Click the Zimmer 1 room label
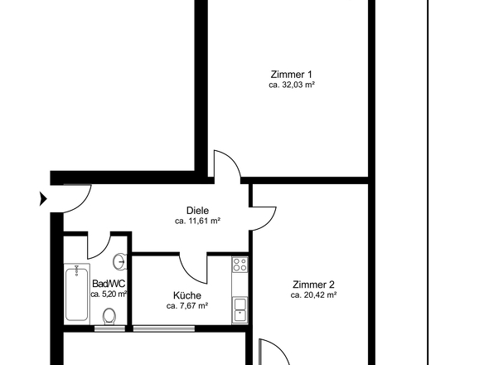(x=291, y=75)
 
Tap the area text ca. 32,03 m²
(x=291, y=85)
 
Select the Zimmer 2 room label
(x=313, y=285)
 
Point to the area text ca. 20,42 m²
(x=313, y=295)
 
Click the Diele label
(x=197, y=211)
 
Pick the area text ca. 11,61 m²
(x=198, y=221)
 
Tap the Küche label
(x=187, y=295)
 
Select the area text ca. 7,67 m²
(x=187, y=306)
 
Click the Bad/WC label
(x=109, y=284)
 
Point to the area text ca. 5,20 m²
(x=109, y=294)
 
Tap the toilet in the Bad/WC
(x=109, y=316)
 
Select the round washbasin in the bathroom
(x=120, y=261)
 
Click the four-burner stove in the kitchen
(x=240, y=265)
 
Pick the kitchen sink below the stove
(x=240, y=310)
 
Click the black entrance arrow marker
(x=43, y=199)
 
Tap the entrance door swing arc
(x=83, y=204)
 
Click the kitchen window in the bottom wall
(x=164, y=328)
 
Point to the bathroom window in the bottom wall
(x=109, y=328)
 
